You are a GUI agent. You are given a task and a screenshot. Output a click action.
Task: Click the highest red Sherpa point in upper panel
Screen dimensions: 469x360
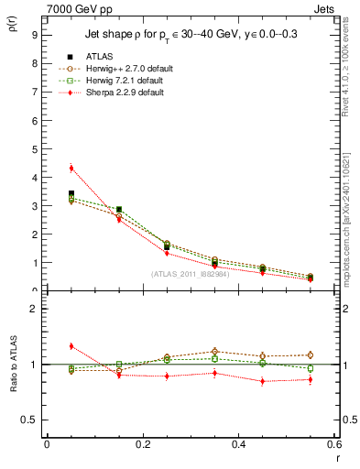(71, 168)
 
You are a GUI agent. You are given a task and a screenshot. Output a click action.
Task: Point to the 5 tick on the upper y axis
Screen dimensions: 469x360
(34, 148)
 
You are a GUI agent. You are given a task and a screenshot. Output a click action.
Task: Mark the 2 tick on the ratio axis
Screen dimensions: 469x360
(34, 309)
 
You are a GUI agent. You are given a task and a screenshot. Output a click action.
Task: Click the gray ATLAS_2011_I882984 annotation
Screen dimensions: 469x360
(191, 274)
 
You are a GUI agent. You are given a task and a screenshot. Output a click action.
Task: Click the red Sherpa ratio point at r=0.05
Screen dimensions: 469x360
(71, 346)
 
